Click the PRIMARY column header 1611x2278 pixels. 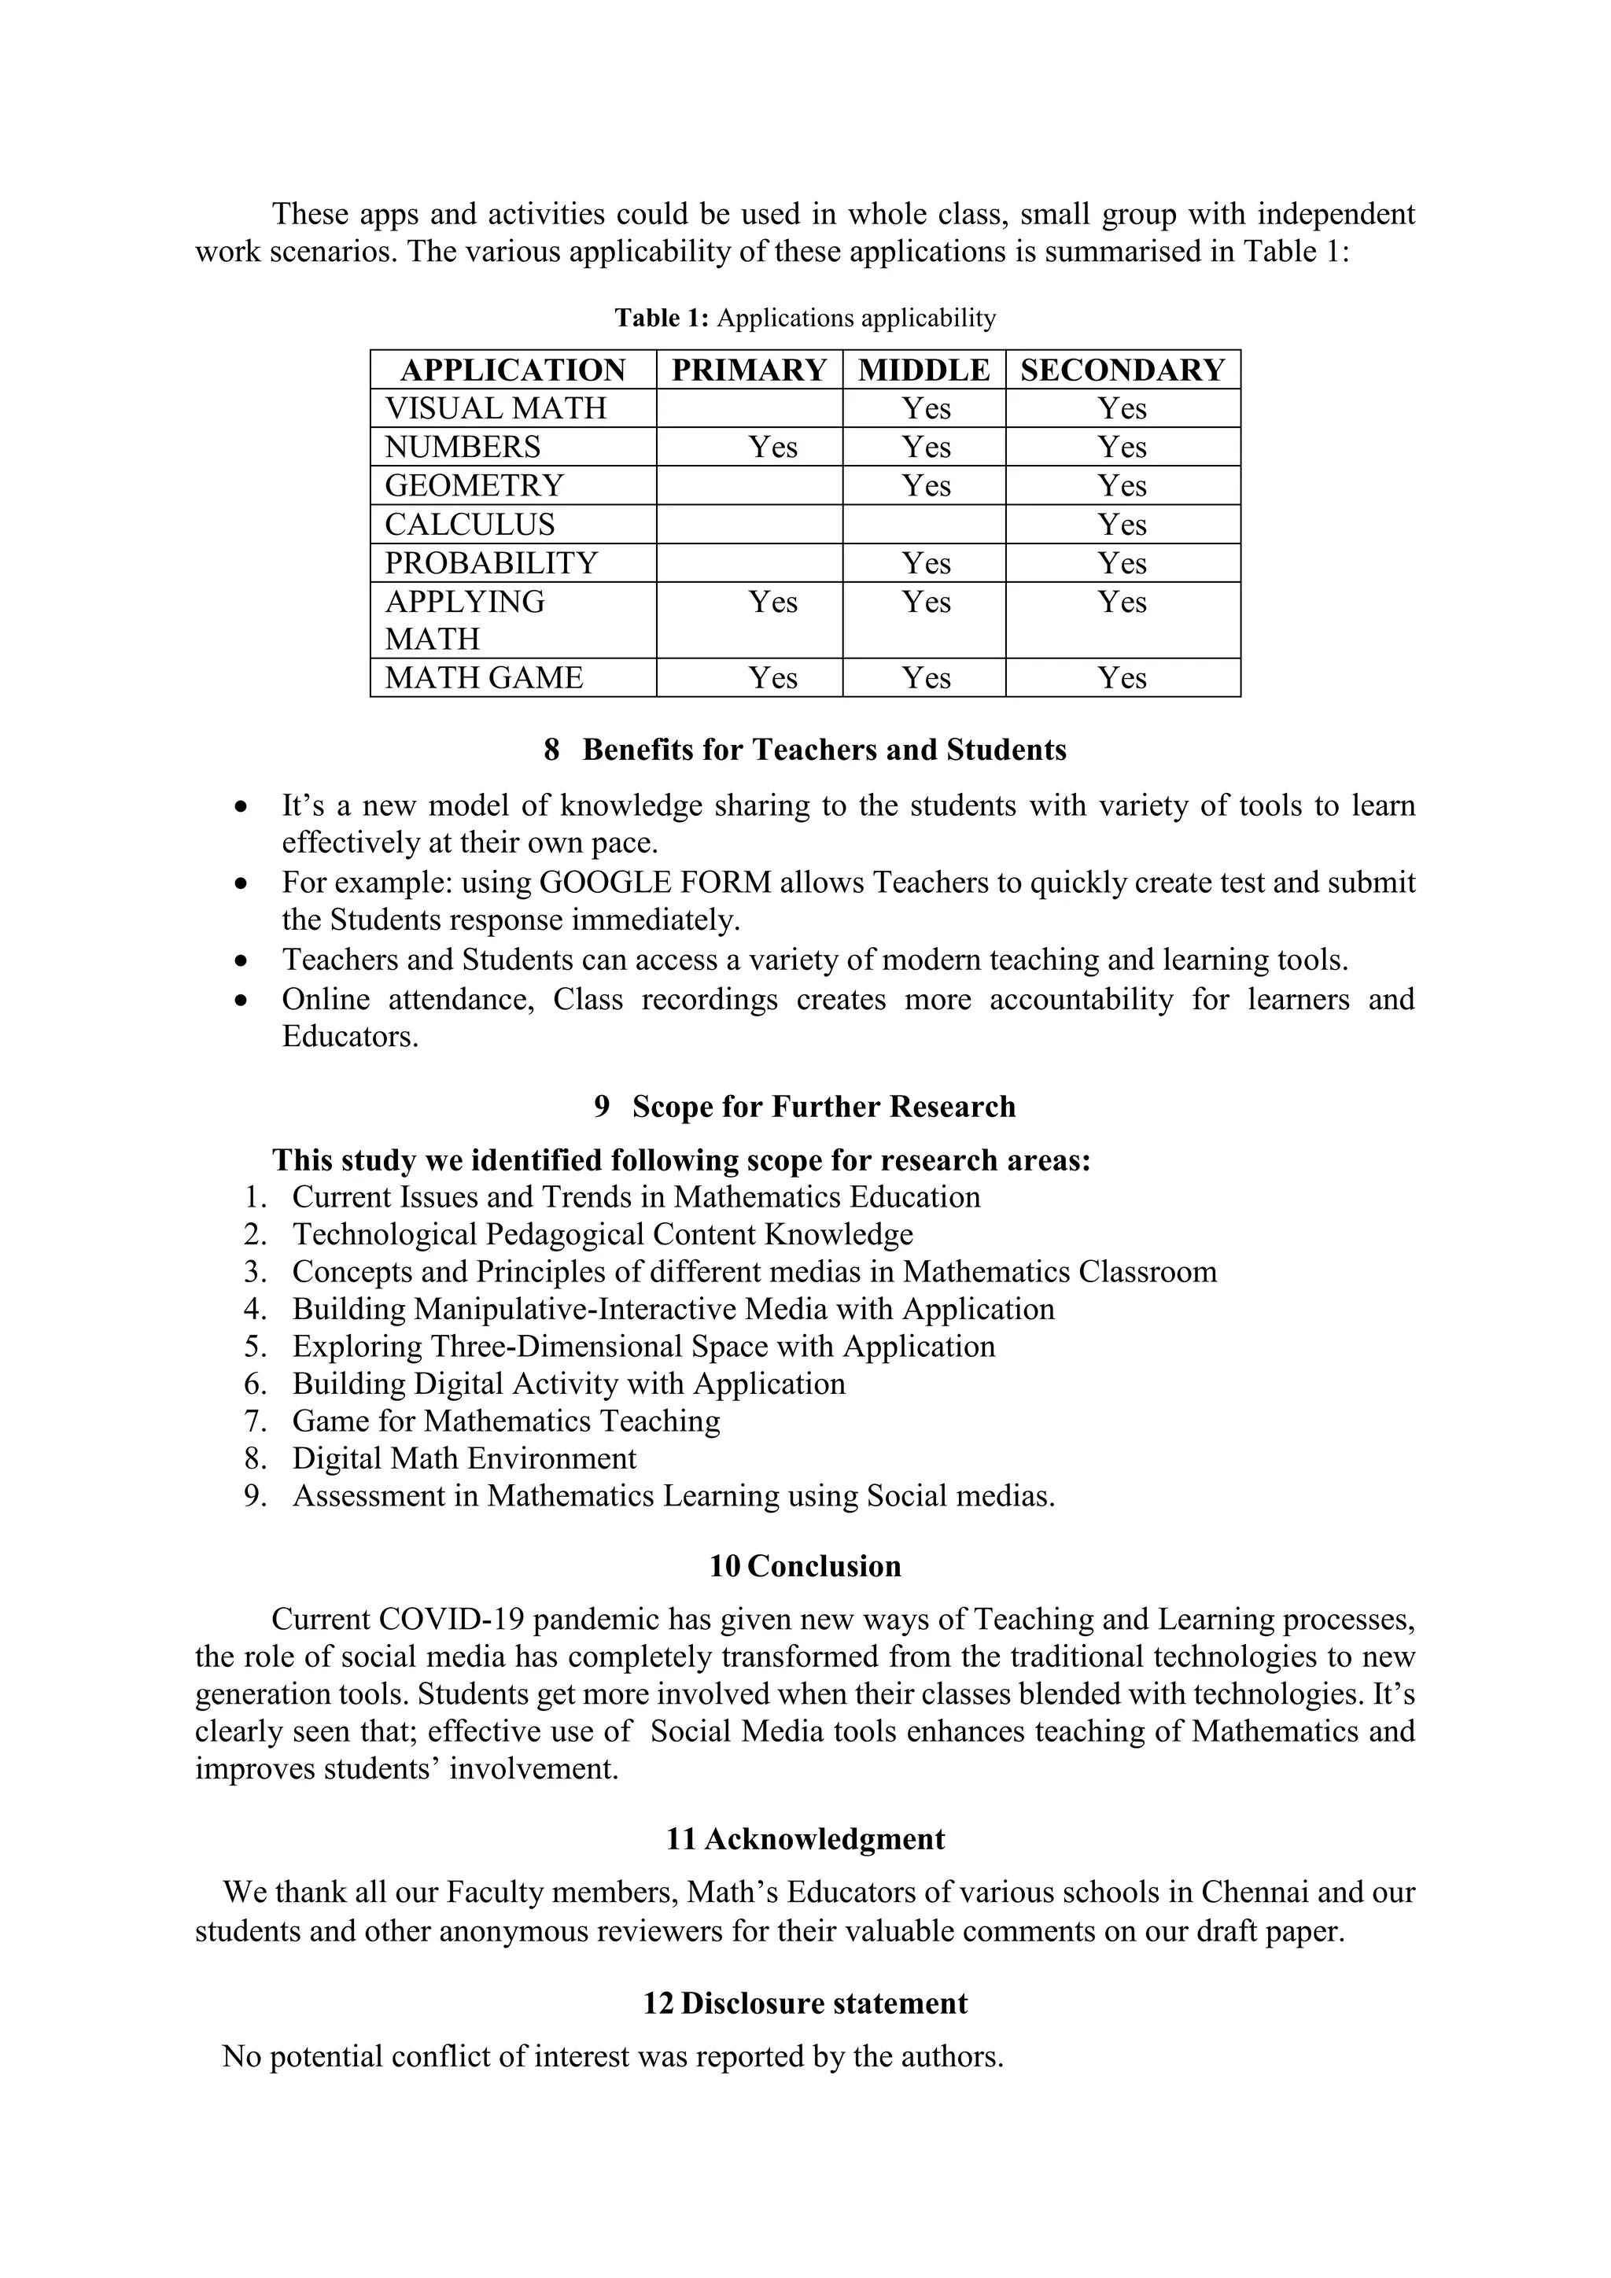tap(749, 370)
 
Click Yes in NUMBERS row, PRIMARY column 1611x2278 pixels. tap(772, 448)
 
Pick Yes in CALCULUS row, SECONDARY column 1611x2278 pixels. tap(1122, 525)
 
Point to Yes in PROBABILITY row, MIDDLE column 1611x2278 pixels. tap(926, 563)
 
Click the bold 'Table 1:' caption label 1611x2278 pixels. tap(662, 319)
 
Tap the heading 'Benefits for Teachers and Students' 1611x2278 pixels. tap(824, 750)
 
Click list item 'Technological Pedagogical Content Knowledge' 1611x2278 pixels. tap(602, 1234)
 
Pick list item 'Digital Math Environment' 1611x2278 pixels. tap(463, 1458)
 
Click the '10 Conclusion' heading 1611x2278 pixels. tap(805, 1567)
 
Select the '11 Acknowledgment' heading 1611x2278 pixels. tap(805, 1839)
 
